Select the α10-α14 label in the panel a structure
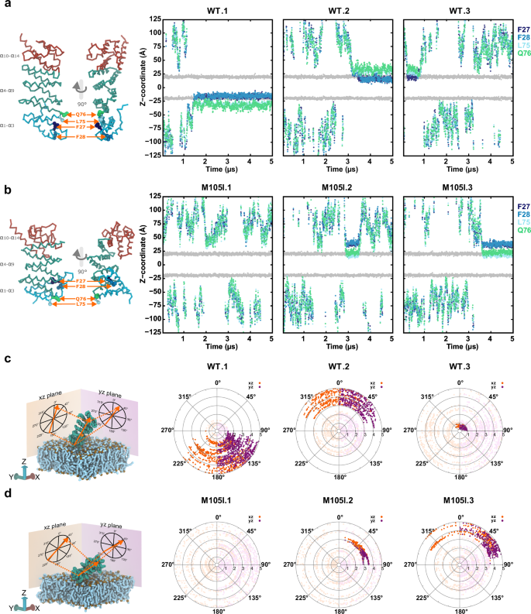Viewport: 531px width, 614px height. coord(12,54)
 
